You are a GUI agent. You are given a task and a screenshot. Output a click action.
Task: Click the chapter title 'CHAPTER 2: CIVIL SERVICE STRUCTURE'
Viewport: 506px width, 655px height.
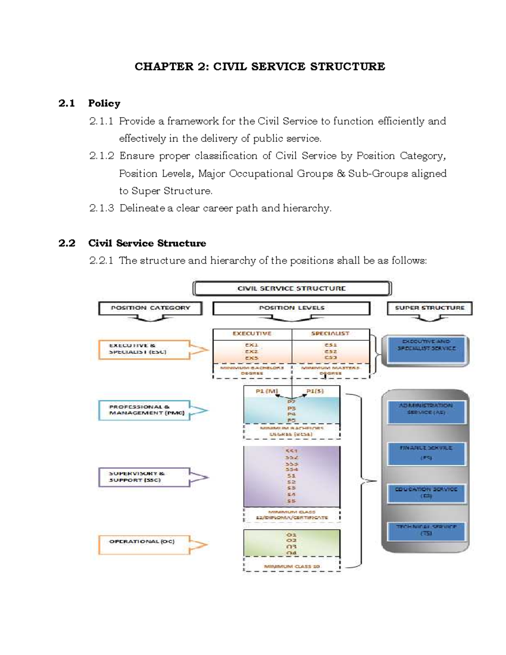(259, 67)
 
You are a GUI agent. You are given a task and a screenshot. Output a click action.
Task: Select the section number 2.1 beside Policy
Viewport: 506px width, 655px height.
(67, 103)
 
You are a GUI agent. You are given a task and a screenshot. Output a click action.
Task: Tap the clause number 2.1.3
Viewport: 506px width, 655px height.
(101, 208)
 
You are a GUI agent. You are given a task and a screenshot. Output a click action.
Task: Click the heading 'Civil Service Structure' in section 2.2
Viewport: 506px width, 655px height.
(147, 243)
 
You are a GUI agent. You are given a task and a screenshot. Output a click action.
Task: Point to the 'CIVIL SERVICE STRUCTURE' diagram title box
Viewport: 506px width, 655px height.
(292, 288)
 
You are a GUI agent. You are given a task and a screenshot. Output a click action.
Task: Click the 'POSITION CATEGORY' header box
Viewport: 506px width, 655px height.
(150, 308)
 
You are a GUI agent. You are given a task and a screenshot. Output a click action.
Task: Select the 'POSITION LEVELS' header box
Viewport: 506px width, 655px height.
(291, 308)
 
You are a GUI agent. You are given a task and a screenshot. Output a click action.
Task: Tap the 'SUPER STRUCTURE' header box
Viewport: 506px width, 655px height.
(429, 308)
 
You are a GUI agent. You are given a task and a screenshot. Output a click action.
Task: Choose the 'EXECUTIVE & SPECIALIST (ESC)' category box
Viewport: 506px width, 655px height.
(144, 349)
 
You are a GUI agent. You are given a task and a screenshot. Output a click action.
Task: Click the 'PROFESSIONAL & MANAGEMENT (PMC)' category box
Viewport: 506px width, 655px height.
(144, 410)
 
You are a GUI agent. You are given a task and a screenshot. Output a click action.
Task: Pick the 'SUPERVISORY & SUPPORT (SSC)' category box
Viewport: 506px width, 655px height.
(144, 477)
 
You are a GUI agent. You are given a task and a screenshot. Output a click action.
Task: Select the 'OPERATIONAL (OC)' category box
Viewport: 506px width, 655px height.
(144, 544)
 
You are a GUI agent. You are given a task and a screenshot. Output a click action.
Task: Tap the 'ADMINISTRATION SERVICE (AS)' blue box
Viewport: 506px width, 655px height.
(426, 411)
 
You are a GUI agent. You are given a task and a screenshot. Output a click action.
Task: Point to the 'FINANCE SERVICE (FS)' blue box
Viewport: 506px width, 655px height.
(426, 453)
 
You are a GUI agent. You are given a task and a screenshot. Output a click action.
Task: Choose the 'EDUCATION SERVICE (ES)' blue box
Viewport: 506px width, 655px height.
(426, 493)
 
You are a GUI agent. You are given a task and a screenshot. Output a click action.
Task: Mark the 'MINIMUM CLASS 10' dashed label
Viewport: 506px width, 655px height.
(292, 566)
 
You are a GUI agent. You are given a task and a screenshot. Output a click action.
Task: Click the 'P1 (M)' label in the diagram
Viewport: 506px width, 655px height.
(266, 391)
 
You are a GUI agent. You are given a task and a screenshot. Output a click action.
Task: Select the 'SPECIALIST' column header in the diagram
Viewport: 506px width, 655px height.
(330, 334)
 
